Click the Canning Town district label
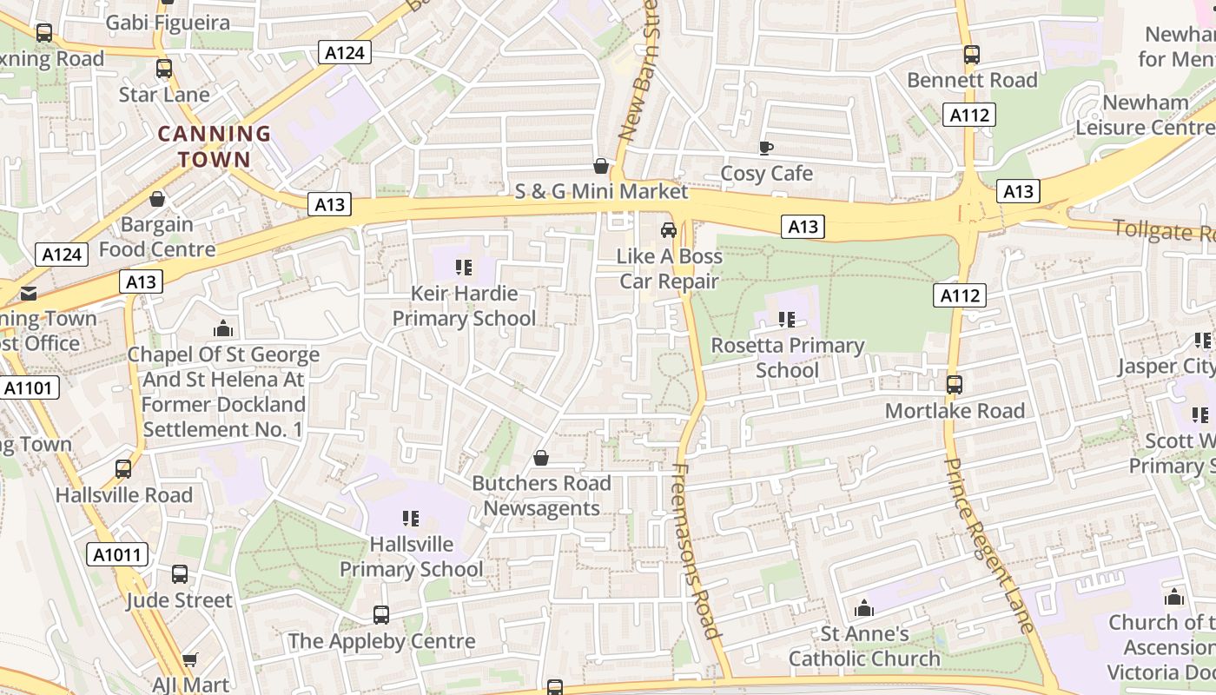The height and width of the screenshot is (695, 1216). point(214,146)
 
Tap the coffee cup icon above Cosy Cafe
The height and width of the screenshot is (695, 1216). point(765,148)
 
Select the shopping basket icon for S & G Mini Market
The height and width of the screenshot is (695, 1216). point(600,165)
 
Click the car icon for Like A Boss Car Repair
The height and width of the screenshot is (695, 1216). point(669,230)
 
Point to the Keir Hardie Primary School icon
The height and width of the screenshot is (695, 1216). point(464,267)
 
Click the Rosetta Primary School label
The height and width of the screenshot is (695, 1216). point(787,357)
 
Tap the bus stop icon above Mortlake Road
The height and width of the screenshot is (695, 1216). point(955,384)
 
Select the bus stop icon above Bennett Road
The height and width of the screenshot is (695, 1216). point(972,55)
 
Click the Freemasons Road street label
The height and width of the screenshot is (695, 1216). point(697,551)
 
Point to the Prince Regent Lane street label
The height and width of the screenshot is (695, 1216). point(988,544)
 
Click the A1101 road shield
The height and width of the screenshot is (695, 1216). point(30,387)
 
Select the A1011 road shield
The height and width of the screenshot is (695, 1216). point(117,554)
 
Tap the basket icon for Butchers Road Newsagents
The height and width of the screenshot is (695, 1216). point(541,457)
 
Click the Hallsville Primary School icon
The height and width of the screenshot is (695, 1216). point(411,519)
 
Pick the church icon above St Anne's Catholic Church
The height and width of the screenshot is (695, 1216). point(864,608)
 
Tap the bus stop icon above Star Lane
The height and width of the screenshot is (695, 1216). point(164,69)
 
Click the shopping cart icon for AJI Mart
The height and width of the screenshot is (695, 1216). point(190,659)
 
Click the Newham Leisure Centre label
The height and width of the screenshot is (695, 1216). point(1145,115)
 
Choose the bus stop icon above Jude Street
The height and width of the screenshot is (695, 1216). point(180,574)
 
